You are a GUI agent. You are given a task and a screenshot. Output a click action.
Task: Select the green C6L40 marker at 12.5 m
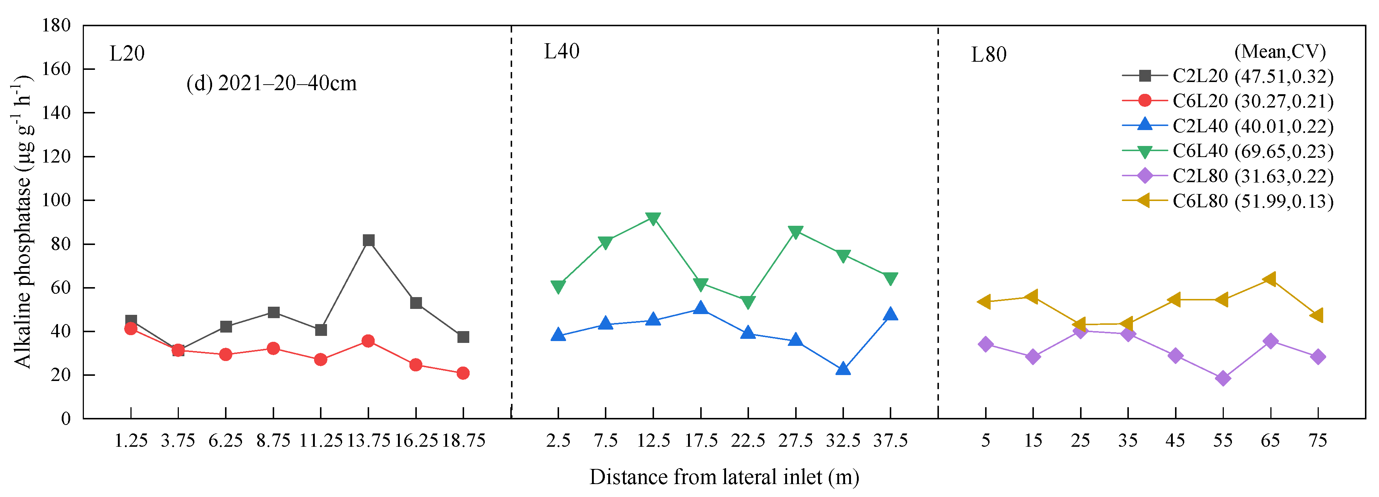coord(653,218)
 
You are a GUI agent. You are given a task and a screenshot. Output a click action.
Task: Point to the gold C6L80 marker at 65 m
coord(1270,279)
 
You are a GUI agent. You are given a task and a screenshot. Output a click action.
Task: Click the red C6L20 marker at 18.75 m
coord(463,373)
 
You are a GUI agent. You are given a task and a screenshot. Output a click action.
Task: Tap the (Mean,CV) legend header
coord(1280,51)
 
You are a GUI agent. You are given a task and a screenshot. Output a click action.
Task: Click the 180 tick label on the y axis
coord(56,25)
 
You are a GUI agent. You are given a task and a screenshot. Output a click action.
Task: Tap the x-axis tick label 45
coord(1175,441)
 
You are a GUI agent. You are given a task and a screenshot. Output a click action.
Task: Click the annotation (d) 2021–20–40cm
coord(272,84)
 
